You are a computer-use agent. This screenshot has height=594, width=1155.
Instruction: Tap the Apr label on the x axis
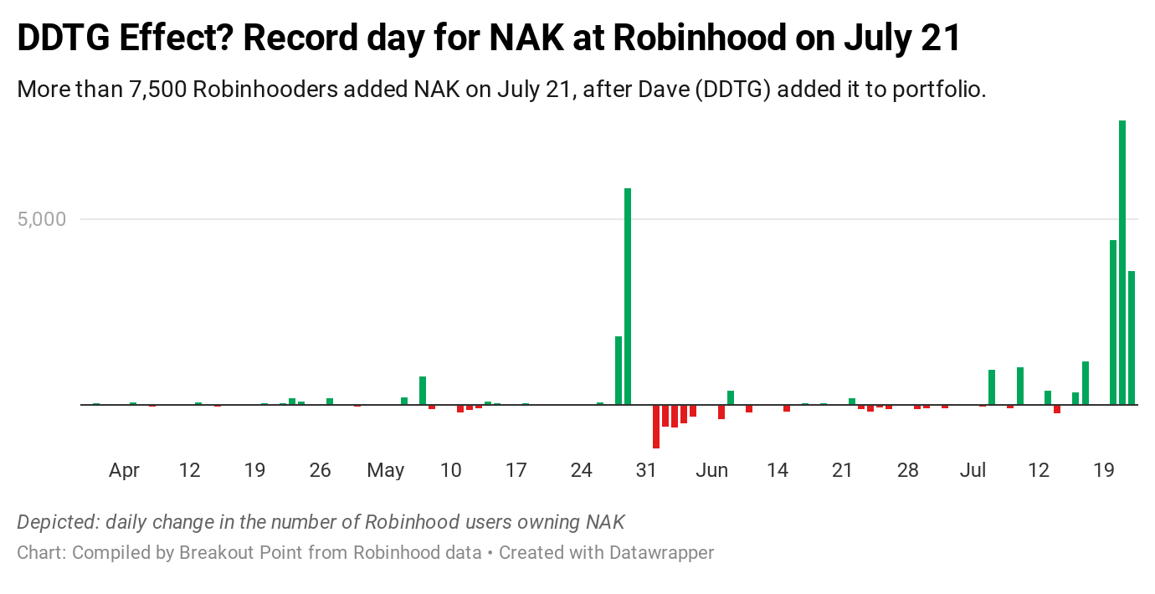point(124,470)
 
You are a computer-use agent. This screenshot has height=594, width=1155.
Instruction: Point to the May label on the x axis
point(385,470)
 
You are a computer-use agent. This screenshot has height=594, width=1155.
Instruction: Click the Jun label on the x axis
point(711,470)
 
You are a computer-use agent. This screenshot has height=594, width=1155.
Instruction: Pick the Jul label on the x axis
point(973,470)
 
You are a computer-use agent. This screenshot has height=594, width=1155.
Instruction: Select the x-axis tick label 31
point(646,470)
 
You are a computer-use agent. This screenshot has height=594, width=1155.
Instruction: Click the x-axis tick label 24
point(581,470)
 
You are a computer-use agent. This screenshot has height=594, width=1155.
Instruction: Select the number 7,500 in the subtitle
point(157,89)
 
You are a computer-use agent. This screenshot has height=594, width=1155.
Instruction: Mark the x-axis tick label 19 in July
point(1104,470)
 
